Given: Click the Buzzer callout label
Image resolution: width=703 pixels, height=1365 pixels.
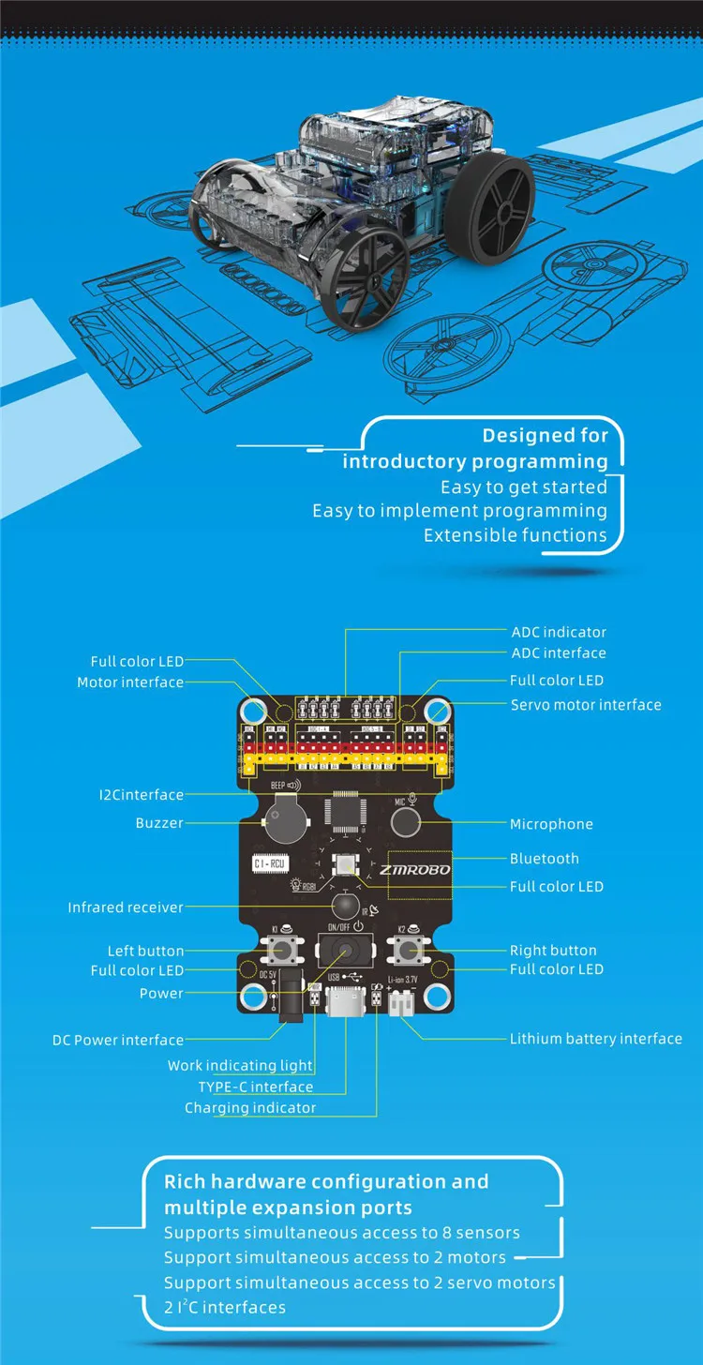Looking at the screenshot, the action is click(159, 823).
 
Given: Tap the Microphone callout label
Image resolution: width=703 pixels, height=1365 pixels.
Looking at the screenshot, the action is click(551, 824).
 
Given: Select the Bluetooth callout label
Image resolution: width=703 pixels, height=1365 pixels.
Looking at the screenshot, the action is click(544, 859).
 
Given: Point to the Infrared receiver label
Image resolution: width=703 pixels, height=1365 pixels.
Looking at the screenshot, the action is click(126, 907).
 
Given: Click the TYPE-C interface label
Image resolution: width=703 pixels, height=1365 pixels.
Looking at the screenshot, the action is click(255, 1087).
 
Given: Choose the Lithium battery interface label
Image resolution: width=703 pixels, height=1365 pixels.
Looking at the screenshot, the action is click(595, 1039).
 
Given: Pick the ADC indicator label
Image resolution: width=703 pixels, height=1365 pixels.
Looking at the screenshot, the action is click(559, 632).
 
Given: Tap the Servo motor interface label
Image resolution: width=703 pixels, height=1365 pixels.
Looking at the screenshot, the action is click(585, 705).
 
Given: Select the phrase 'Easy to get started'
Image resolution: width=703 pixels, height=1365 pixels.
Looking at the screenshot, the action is click(524, 487).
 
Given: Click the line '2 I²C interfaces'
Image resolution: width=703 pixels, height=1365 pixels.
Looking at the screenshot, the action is click(225, 1307).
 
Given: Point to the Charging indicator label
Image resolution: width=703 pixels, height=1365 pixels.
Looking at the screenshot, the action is click(250, 1108).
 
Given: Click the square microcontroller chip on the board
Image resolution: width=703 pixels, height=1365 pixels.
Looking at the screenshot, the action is click(342, 814).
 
